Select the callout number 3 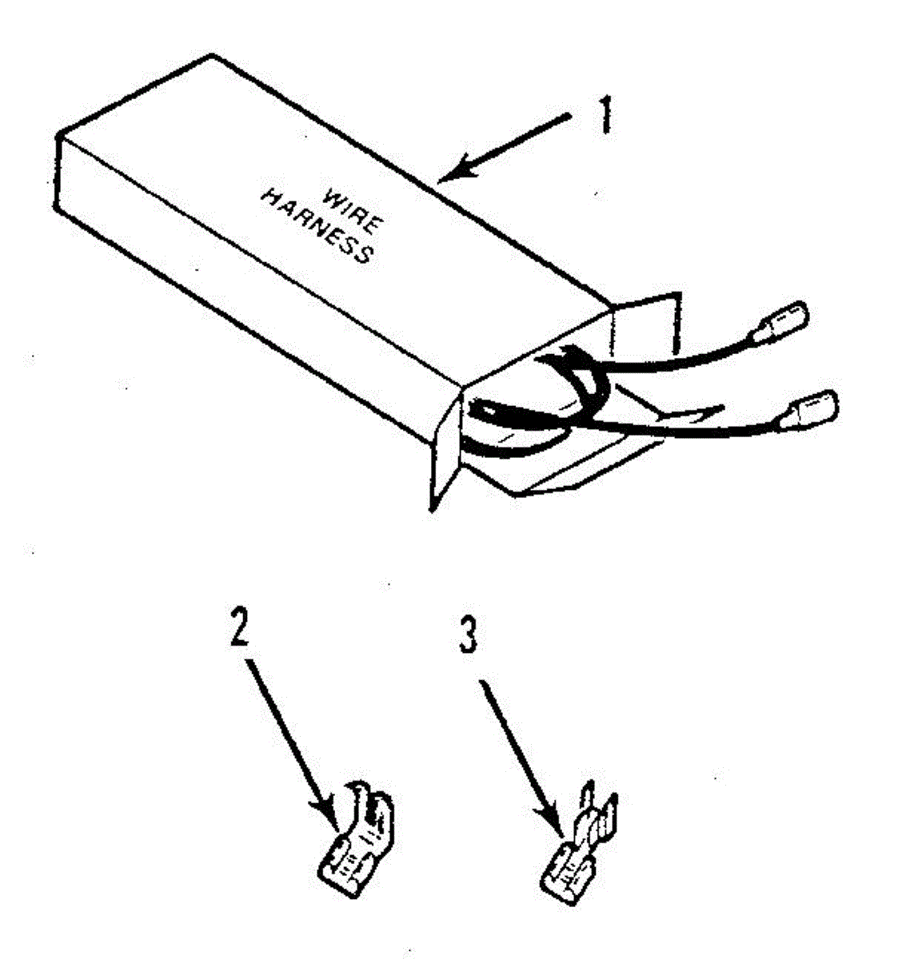(x=469, y=636)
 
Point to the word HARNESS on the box (x=317, y=226)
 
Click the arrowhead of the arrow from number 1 (x=448, y=173)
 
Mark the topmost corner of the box (x=212, y=56)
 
